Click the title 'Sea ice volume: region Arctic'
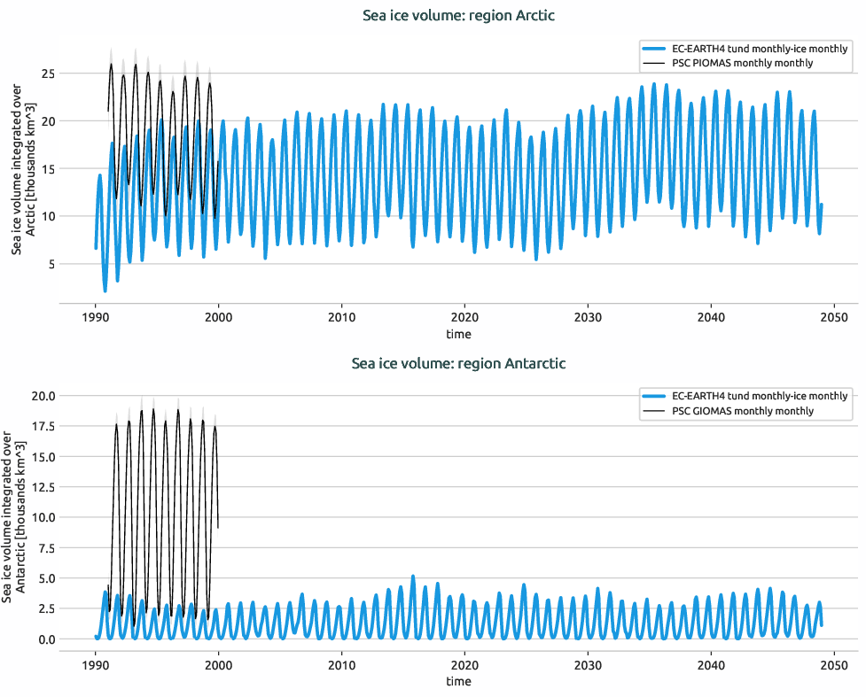pyautogui.click(x=458, y=15)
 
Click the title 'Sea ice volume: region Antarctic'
pyautogui.click(x=458, y=363)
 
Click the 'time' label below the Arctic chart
pyautogui.click(x=458, y=334)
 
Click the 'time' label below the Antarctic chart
pyautogui.click(x=458, y=682)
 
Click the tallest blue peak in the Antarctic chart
pyautogui.click(x=412, y=577)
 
